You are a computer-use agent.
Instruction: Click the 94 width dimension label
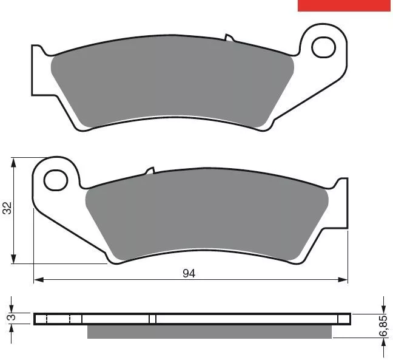[x=189, y=273]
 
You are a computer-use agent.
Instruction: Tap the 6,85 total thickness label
[x=383, y=326]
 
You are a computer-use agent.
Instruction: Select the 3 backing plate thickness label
[x=12, y=318]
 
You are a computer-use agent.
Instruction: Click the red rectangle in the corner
[x=344, y=5]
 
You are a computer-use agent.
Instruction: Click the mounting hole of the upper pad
[x=324, y=47]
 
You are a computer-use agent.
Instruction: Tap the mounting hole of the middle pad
[x=56, y=180]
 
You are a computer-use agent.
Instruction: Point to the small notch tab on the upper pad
[x=229, y=38]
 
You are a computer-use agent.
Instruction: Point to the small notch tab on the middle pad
[x=150, y=171]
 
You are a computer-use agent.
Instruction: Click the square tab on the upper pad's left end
[x=38, y=70]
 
